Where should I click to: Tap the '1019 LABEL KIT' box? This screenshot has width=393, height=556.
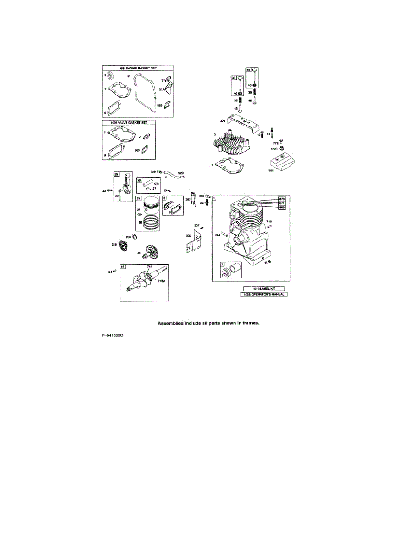(264, 288)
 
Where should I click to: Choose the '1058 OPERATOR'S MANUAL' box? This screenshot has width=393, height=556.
(264, 294)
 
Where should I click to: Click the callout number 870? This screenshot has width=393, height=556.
(281, 199)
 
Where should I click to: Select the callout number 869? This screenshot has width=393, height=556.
(281, 207)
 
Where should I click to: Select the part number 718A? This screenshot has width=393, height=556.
(161, 281)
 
